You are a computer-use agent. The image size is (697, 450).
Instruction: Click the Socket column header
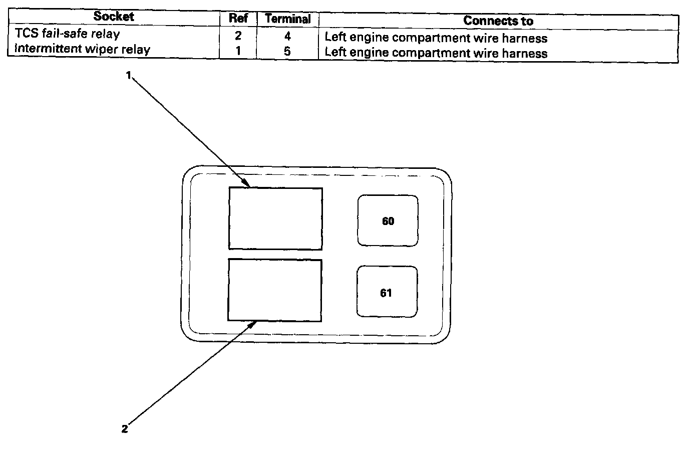coord(114,16)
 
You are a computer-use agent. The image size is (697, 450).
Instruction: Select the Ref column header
coord(238,18)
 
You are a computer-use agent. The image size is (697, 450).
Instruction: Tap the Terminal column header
coord(288,19)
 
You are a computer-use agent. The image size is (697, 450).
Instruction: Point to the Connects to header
coord(498,21)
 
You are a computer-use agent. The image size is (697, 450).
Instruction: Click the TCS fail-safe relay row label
coord(67,33)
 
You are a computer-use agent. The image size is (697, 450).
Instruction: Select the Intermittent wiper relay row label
coord(83,49)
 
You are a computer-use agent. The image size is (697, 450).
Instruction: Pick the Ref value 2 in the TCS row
coord(238,36)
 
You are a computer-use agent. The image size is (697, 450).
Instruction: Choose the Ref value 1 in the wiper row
coord(238,51)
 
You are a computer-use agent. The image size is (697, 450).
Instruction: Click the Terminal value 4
coord(287,36)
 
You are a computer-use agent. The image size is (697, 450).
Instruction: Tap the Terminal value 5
coord(287,51)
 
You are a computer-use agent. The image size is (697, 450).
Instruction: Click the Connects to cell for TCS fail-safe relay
coord(436,38)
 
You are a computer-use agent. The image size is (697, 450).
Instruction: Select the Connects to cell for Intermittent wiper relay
coord(436,53)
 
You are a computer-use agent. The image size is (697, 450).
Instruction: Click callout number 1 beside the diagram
coord(129,75)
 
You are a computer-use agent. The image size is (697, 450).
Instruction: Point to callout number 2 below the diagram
coord(125,429)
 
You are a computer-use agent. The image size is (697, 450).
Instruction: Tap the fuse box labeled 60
coord(388,221)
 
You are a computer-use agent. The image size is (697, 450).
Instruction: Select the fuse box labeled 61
coord(387,292)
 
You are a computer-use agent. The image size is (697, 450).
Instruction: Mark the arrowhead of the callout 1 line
coord(249,186)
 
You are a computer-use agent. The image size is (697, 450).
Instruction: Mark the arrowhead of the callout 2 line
coord(257,321)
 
